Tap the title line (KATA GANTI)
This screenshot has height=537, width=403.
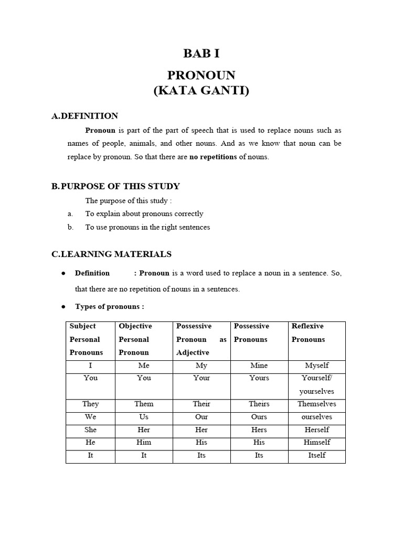pos(201,91)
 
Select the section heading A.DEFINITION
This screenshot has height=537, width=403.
pos(84,116)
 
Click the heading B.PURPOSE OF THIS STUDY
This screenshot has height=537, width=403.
pos(115,186)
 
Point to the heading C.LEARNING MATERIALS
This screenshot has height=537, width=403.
pos(111,254)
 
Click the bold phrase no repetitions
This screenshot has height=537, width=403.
pos(213,157)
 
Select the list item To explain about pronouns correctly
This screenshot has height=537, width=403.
pos(144,214)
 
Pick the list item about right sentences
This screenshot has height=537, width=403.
pos(147,228)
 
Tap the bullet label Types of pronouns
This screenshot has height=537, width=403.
pos(109,307)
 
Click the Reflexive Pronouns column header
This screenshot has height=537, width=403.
pos(308,332)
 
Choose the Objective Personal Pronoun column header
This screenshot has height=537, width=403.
pos(135,339)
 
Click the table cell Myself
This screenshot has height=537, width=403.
pos(316,366)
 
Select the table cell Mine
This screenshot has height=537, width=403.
pos(259,366)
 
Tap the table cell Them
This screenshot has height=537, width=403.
pos(144,404)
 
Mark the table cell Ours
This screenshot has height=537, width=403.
pos(259,417)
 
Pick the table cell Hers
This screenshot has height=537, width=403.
pos(259,429)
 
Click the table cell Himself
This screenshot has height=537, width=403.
pos(316,443)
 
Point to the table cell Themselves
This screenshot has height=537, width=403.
pos(316,404)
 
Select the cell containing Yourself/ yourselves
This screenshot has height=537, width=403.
pos(316,384)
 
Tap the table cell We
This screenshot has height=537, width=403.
pos(90,417)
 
